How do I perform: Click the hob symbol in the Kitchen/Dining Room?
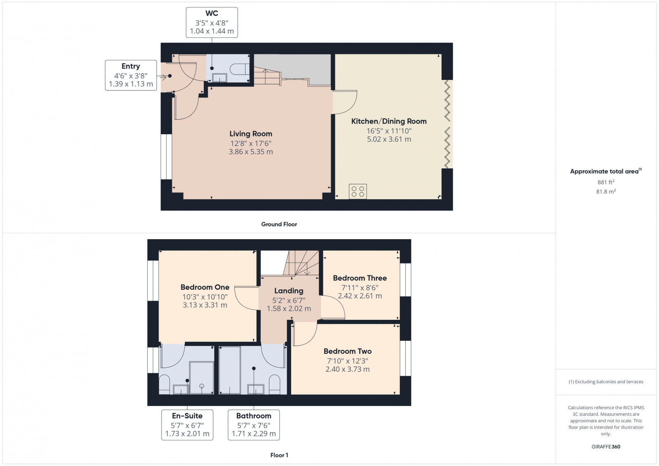pos(358,191)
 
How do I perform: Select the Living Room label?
pos(250,134)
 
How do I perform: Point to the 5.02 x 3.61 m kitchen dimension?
pos(389,139)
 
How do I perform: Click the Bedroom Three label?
pos(360,278)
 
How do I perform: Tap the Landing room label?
pos(289,291)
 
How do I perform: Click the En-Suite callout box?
pos(187,424)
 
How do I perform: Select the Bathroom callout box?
pos(254,424)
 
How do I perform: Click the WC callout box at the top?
pos(212,22)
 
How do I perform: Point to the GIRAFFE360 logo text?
pos(605,447)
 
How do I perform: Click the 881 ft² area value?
pos(605,182)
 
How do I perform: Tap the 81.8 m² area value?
pos(605,191)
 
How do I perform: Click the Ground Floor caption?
pos(279,224)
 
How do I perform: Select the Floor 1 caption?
pos(279,455)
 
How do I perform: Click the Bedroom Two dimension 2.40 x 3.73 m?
pos(348,369)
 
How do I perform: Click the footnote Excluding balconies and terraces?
pos(606,382)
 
